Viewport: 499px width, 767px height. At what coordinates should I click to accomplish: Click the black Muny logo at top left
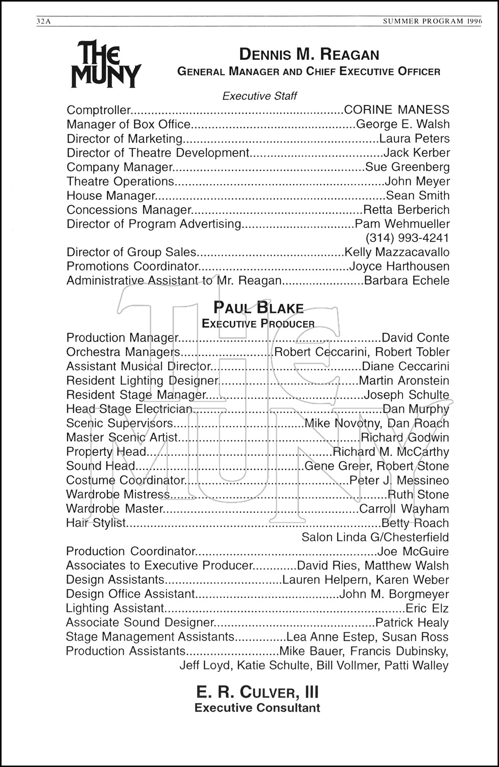[x=106, y=65]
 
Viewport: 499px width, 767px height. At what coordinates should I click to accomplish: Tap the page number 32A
[x=44, y=21]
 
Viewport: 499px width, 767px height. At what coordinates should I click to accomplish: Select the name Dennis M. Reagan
[x=309, y=55]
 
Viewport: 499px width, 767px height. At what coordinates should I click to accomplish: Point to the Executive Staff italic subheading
[x=259, y=96]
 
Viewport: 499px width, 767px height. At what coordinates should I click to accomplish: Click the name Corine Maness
[x=397, y=110]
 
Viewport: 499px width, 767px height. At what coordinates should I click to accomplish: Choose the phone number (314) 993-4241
[x=407, y=238]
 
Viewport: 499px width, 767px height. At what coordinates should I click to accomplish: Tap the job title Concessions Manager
[x=128, y=210]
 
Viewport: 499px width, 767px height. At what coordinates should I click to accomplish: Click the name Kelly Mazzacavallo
[x=397, y=252]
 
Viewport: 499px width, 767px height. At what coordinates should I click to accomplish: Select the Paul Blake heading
[x=258, y=308]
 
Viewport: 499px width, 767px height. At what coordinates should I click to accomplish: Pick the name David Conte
[x=415, y=338]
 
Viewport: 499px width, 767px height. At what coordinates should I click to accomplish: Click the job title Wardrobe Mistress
[x=118, y=494]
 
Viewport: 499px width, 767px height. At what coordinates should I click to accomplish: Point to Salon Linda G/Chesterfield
[x=375, y=537]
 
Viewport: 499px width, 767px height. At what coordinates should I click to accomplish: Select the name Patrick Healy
[x=412, y=623]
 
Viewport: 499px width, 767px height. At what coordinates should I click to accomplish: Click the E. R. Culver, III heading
[x=257, y=692]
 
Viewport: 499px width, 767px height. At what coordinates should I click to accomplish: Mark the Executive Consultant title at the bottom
[x=257, y=708]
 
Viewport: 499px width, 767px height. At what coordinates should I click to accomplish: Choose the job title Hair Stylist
[x=96, y=523]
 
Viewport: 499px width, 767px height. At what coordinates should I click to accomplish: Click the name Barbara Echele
[x=407, y=281]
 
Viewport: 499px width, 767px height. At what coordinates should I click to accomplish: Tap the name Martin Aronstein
[x=404, y=381]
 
